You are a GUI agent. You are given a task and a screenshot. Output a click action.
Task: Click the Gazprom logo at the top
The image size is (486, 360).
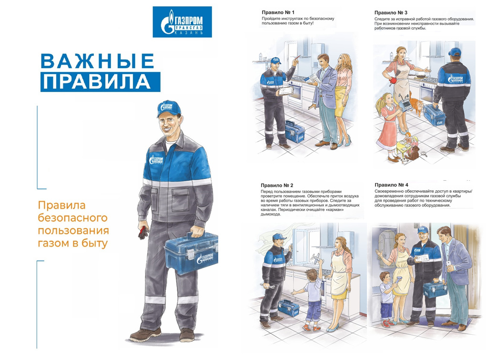point(182,22)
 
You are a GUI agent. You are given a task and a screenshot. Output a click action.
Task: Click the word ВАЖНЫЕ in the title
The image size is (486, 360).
point(97,61)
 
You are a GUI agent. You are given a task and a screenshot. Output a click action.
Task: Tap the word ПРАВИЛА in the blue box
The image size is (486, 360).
point(97,82)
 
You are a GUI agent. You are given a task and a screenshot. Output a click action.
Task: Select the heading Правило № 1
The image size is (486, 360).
point(278,12)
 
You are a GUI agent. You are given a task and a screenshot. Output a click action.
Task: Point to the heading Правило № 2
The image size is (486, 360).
point(277,185)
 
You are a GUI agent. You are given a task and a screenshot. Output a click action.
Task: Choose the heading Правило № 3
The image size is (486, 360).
point(391,13)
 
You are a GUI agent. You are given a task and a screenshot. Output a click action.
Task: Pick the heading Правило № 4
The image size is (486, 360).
point(392,185)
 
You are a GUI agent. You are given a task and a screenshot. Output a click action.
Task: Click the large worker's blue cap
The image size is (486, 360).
point(169,108)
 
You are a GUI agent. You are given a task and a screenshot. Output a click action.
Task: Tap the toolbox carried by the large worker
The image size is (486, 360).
point(191,253)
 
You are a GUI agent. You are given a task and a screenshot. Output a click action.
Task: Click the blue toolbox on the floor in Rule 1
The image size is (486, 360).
point(295,132)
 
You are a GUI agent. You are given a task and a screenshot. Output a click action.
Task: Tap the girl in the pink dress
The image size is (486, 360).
point(387,127)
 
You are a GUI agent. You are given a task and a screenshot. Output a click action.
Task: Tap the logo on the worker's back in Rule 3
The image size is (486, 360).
point(455,79)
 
